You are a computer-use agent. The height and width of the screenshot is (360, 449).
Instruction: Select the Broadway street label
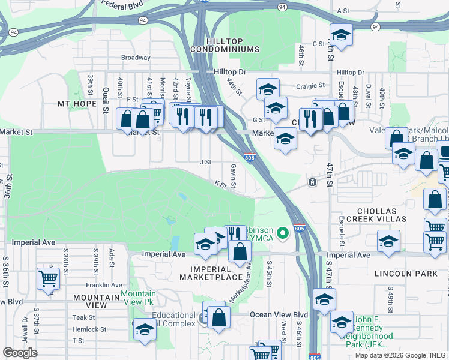point(136,58)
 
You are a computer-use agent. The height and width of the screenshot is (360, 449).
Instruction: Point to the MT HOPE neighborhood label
point(77,104)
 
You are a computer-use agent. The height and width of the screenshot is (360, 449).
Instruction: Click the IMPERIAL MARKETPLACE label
point(215,273)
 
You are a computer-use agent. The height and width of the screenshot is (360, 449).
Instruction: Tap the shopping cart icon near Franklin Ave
point(47,278)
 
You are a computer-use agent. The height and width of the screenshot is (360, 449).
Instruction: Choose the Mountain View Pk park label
point(140,298)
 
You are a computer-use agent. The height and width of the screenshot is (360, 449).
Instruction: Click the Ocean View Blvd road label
point(279,314)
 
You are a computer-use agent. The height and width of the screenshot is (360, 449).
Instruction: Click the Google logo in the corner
point(21,353)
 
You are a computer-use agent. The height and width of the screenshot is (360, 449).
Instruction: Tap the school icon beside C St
point(341,35)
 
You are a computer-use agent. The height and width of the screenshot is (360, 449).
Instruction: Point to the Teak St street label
point(84,317)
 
